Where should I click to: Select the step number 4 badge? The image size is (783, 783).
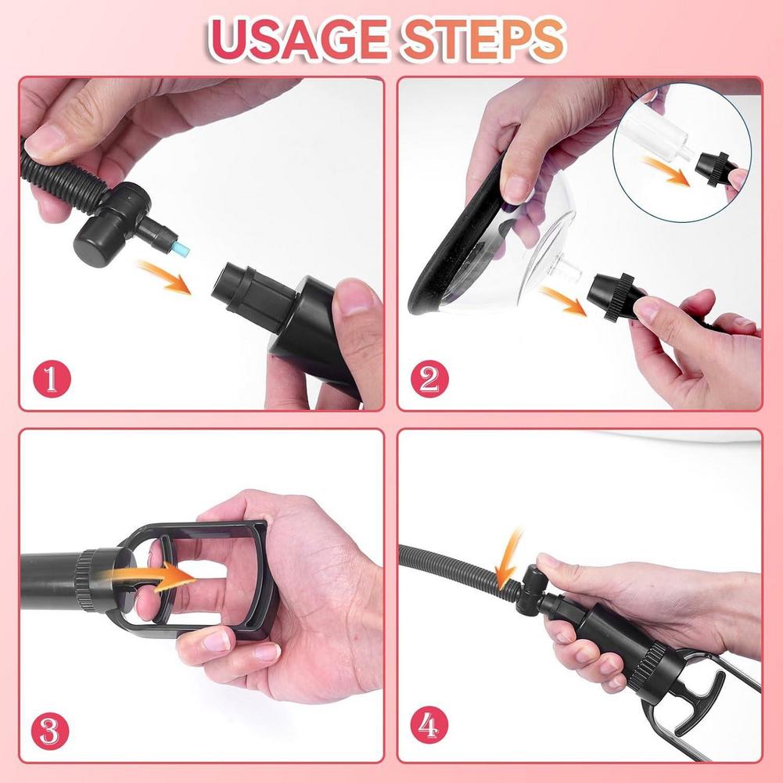[x=428, y=729]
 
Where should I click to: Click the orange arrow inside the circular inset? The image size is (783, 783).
[x=664, y=171]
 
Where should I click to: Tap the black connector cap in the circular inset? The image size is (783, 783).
[x=711, y=166]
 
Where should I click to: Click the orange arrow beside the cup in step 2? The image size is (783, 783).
[x=563, y=300]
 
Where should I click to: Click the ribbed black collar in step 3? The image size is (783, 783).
[x=98, y=580]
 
